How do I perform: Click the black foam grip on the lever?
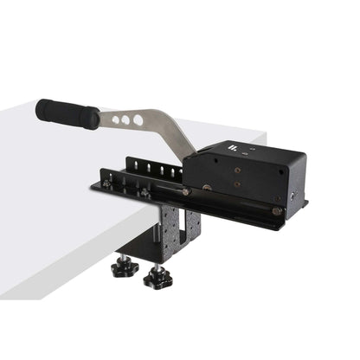[67, 113]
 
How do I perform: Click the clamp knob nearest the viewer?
[157, 277]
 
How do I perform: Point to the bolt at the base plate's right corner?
[276, 210]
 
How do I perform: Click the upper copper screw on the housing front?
[236, 170]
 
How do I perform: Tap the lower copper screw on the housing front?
[238, 184]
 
